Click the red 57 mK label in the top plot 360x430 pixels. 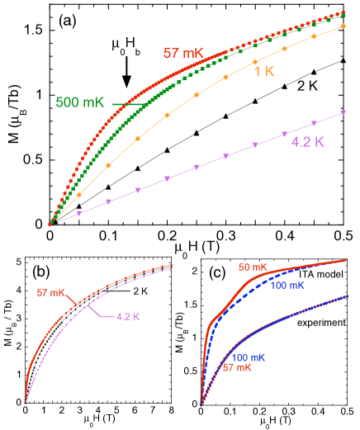(182, 54)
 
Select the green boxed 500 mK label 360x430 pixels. (80, 102)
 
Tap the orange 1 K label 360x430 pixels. (263, 72)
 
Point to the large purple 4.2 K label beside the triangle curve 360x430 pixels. (308, 141)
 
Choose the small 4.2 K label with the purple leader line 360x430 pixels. (127, 316)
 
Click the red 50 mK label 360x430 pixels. (252, 267)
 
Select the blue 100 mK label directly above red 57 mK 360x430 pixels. (248, 357)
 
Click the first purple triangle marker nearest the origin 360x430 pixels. (79, 214)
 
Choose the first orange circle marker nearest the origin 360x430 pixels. (79, 196)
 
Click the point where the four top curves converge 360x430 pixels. (50, 223)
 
